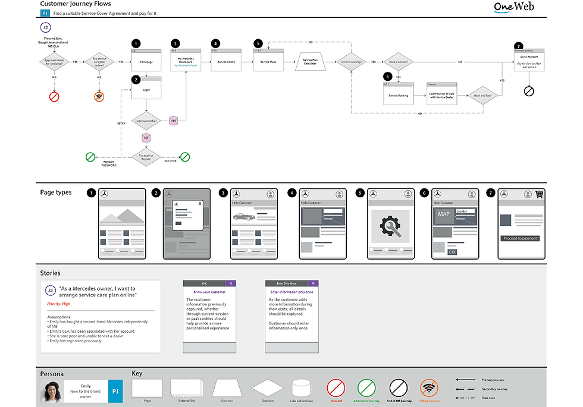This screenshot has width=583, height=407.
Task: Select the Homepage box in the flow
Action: [x=146, y=61]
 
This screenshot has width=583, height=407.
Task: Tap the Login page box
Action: [x=146, y=90]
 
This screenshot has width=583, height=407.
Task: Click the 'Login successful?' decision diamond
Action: [x=146, y=121]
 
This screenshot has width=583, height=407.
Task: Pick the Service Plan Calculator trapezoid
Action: [x=310, y=61]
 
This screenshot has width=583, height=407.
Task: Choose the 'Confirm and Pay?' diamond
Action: [x=351, y=62]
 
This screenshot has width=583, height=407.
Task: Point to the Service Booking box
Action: [x=398, y=94]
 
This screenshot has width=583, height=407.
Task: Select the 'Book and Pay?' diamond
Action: [x=482, y=94]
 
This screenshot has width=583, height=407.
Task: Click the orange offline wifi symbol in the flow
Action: [x=99, y=96]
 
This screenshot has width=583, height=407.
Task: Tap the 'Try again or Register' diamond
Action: [x=146, y=157]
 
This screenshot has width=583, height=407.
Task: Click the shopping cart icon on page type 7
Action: [x=540, y=194]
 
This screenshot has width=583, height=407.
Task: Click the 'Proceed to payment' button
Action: [x=521, y=238]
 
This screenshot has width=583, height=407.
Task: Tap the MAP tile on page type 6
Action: [x=444, y=214]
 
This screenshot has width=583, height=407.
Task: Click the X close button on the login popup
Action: [x=200, y=203]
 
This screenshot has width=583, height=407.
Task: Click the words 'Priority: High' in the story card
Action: [x=58, y=304]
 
